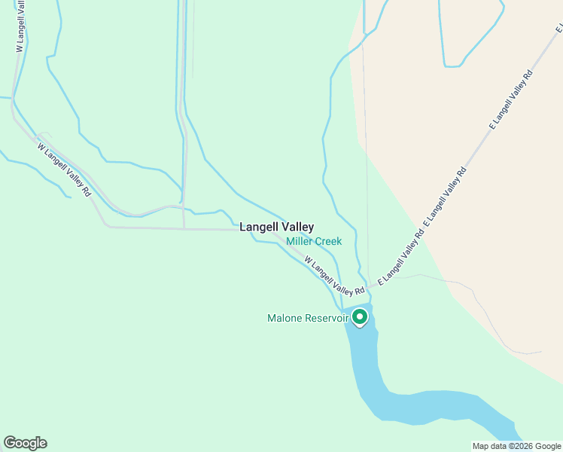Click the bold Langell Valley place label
(x=276, y=227)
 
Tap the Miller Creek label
(x=314, y=242)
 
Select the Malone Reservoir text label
(x=307, y=319)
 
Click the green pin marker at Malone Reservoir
(x=360, y=316)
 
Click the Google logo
(x=25, y=443)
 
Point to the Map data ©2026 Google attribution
(x=516, y=446)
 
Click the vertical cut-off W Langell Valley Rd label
(x=20, y=26)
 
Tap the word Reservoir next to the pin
(x=326, y=319)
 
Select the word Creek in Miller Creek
(x=329, y=242)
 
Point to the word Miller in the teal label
(x=300, y=242)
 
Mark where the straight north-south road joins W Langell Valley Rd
(x=184, y=228)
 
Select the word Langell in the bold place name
(x=258, y=227)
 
